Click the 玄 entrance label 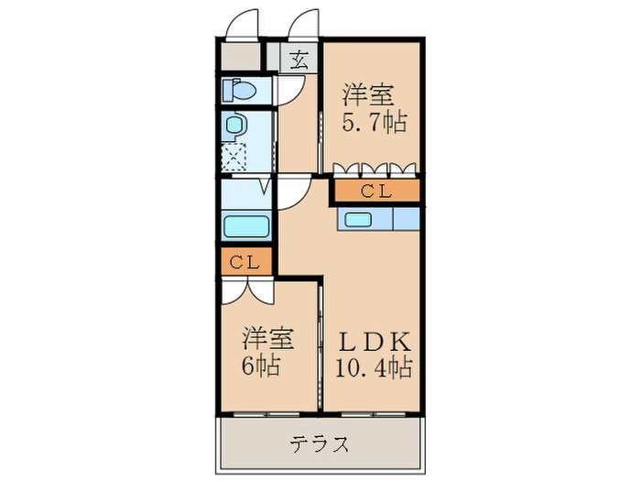pyautogui.click(x=299, y=60)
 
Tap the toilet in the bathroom pyautogui.click(x=240, y=92)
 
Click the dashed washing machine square pyautogui.click(x=235, y=157)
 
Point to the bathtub pyautogui.click(x=244, y=225)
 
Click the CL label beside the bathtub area pyautogui.click(x=244, y=262)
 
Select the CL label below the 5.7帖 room pyautogui.click(x=375, y=191)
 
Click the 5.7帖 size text pyautogui.click(x=374, y=122)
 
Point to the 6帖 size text pyautogui.click(x=261, y=366)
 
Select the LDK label pyautogui.click(x=375, y=341)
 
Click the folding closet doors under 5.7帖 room pyautogui.click(x=375, y=169)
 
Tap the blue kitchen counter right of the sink pyautogui.click(x=406, y=219)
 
